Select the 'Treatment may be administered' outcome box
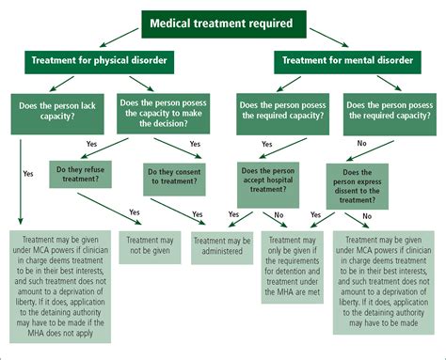pos(222,246)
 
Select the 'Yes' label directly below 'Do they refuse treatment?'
pos(134,212)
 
